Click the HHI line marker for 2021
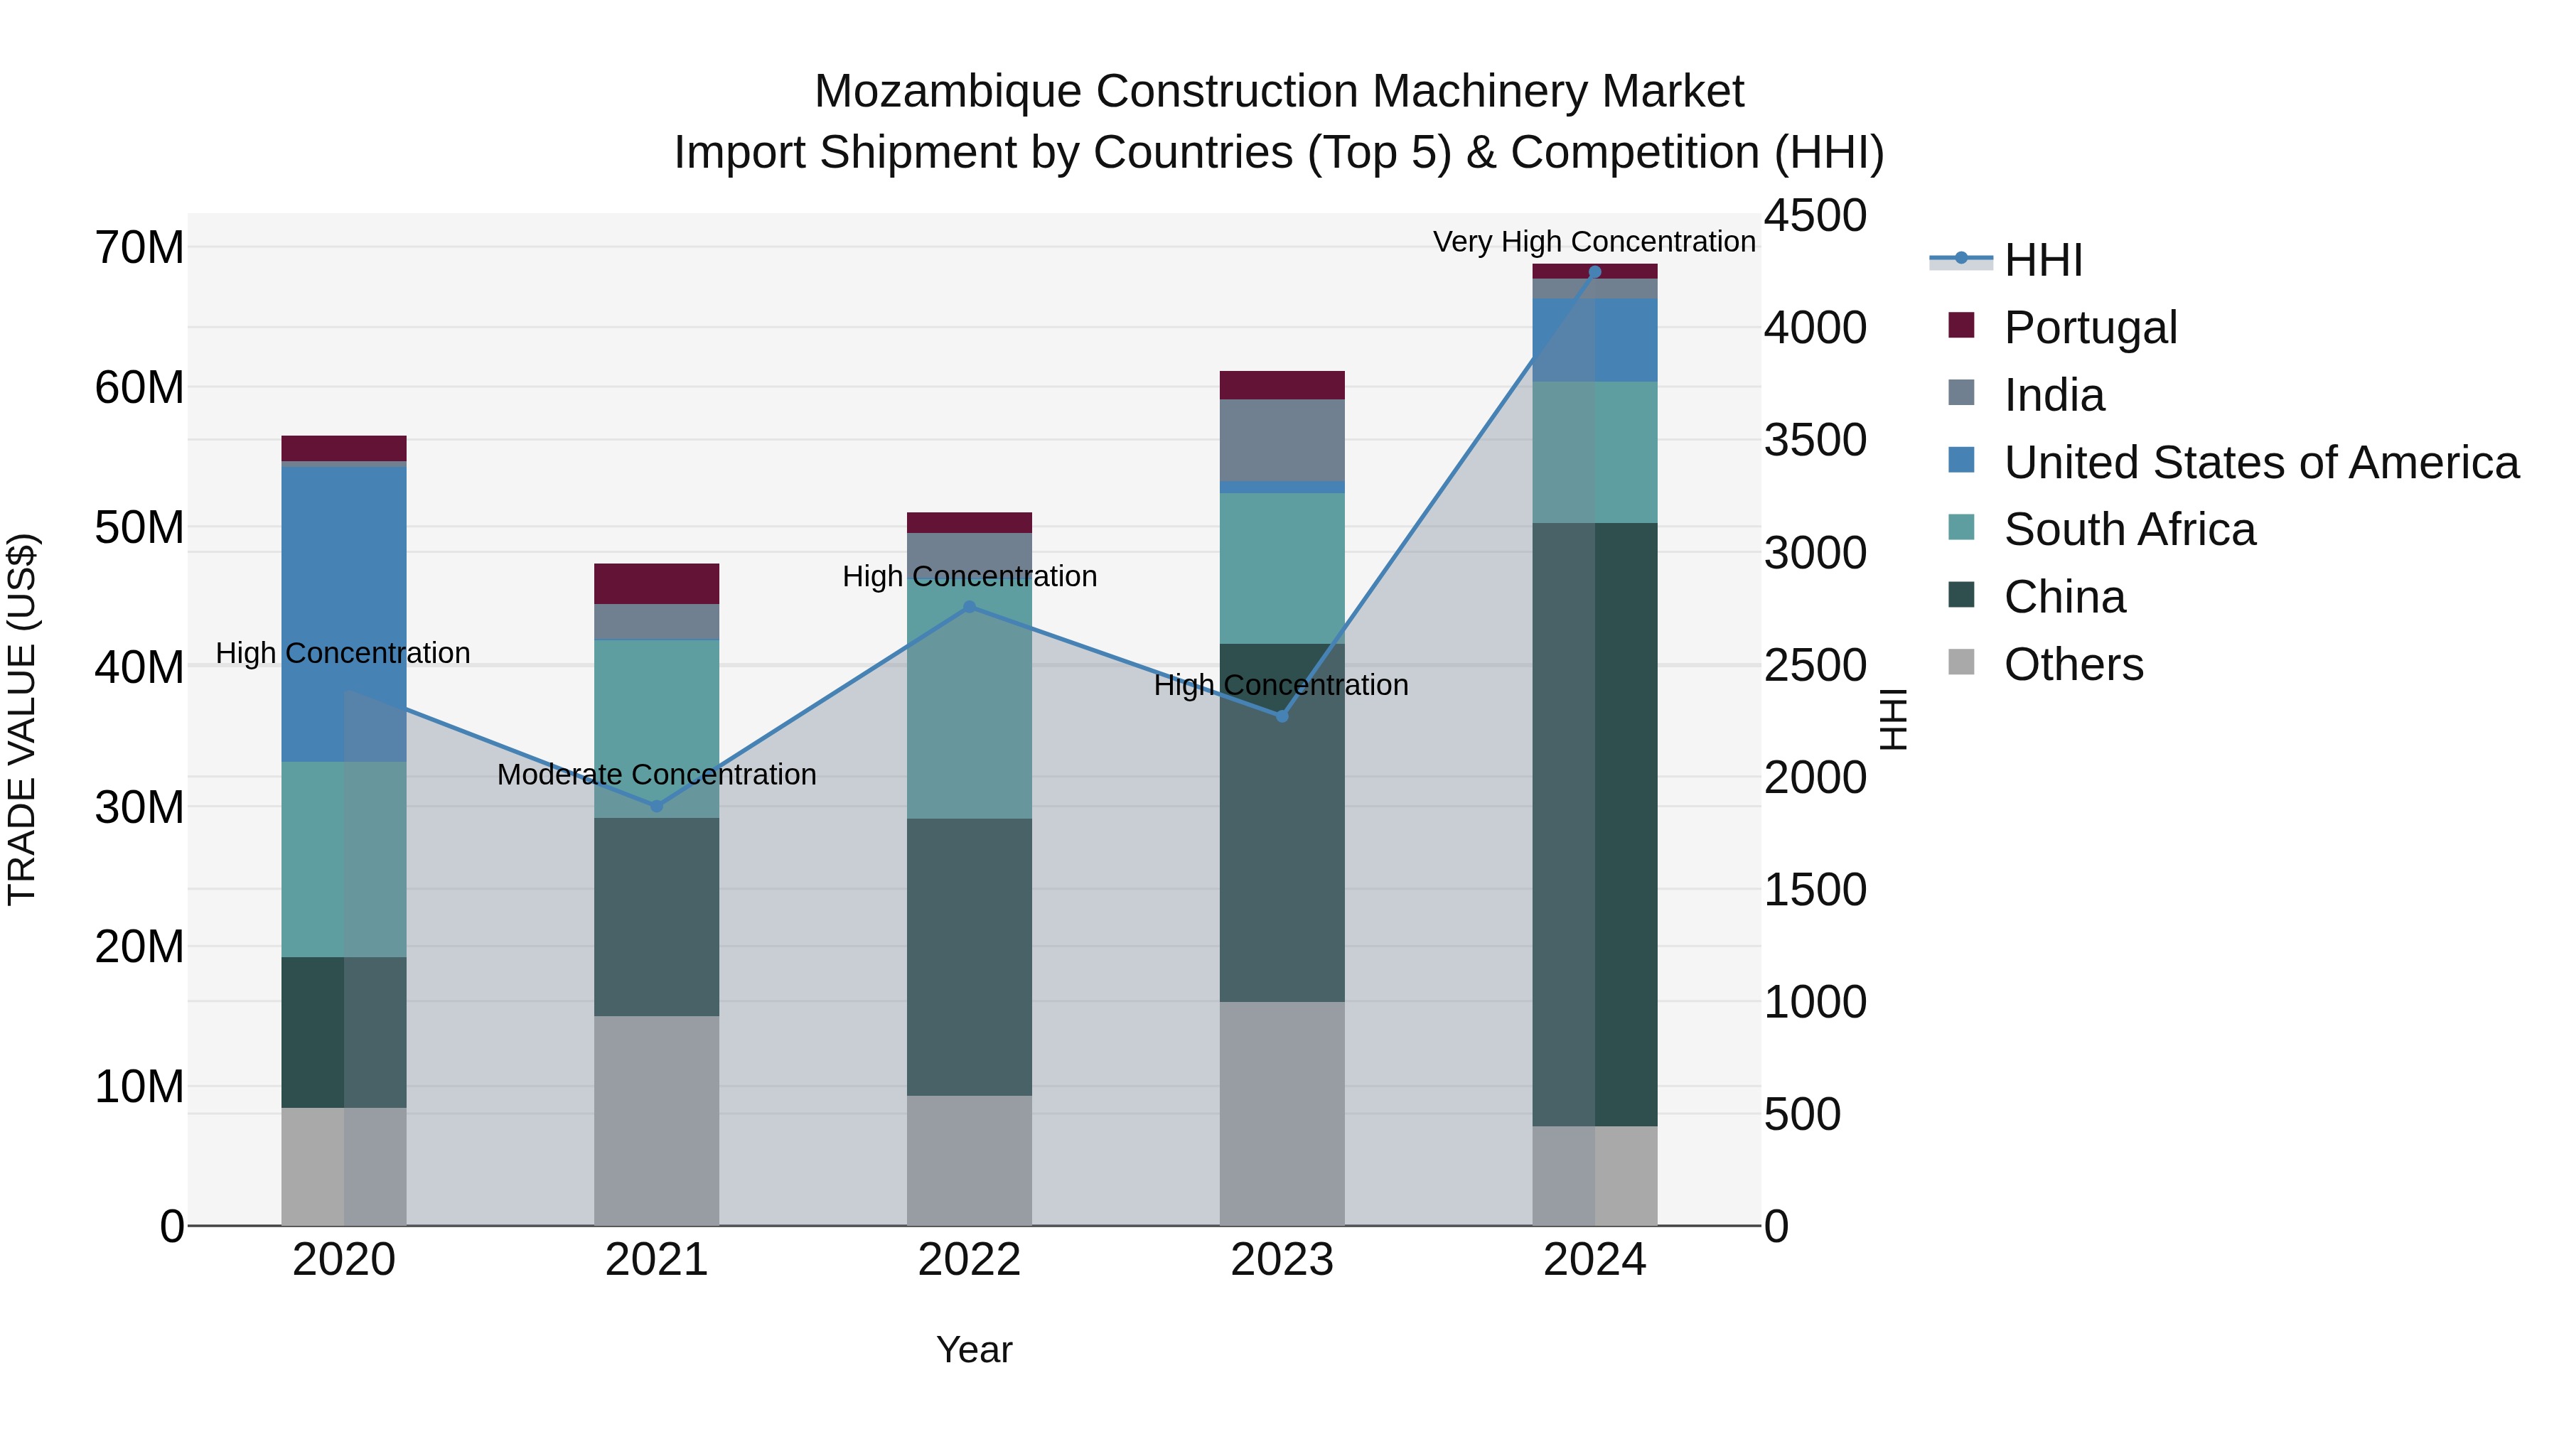coord(657,807)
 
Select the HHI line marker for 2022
coord(970,607)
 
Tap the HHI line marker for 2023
coord(1282,716)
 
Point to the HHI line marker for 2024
coord(1594,271)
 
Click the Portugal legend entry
coord(2089,328)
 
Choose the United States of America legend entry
coord(2260,463)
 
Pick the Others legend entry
coord(2074,664)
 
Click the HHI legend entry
coord(2042,260)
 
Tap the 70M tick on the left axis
coord(139,247)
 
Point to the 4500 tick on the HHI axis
coord(1814,217)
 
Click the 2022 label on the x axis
coord(970,1260)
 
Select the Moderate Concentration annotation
coord(657,775)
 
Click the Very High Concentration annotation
coord(1594,242)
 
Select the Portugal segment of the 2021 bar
coord(657,584)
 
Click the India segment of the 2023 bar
coord(1282,440)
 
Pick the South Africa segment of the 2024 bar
coord(1594,452)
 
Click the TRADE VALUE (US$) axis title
coord(22,719)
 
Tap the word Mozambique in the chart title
coord(947,92)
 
